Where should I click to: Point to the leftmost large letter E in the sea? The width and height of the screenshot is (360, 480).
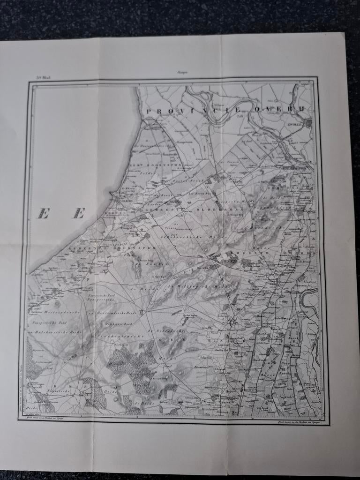pos(43,214)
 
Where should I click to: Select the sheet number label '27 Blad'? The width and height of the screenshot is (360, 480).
pos(43,78)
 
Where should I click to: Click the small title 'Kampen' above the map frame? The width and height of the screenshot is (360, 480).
pos(181,72)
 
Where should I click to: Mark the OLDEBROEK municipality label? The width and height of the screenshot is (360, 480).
pos(213,209)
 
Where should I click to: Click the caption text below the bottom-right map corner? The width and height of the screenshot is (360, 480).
pos(296,422)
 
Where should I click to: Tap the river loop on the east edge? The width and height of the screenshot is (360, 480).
pos(309,298)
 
